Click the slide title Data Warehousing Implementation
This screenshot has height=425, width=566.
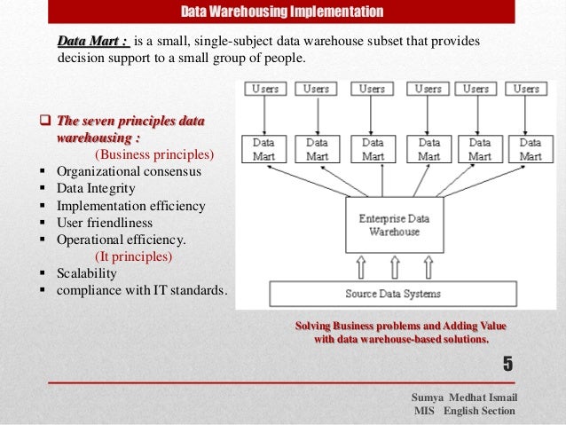pos(282,12)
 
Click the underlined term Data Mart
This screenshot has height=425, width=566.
pos(92,41)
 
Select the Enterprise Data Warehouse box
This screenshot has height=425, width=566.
pos(394,224)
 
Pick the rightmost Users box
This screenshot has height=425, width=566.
pos(526,90)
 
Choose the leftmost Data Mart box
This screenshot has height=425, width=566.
pos(264,149)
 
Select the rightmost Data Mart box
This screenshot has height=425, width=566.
pos(531,149)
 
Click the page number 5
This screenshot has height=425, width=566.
pos(508,363)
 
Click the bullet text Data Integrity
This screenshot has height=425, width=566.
pos(96,189)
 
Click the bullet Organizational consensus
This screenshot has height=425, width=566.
pos(129,171)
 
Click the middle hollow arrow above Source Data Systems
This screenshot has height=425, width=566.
pos(393,266)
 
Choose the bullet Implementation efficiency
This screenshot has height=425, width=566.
pos(130,206)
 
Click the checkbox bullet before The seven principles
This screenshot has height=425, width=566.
pos(46,122)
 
